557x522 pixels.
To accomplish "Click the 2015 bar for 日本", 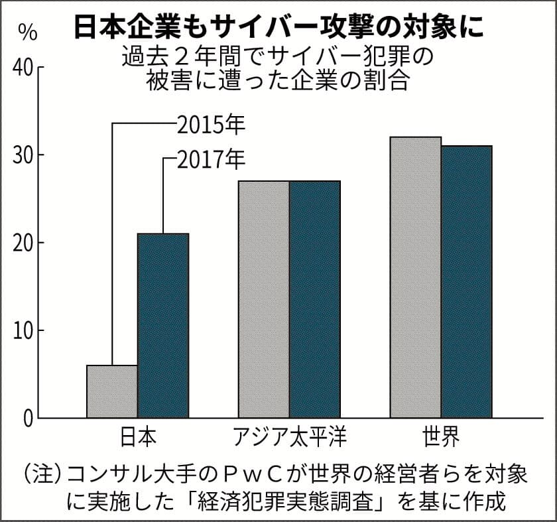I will [112, 391].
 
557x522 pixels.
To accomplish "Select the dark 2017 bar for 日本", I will [163, 325].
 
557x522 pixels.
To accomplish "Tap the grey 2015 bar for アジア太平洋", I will [264, 298].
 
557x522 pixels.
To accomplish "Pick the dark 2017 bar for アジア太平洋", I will [315, 298].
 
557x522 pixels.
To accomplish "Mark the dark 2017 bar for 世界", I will [467, 281].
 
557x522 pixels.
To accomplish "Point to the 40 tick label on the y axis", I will [23, 68].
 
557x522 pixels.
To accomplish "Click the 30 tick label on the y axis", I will [23, 156].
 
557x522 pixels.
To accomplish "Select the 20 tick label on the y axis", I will [23, 243].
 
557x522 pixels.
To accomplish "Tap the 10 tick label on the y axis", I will [23, 331].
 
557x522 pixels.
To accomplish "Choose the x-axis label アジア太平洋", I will [290, 438].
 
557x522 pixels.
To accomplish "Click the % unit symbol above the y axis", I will [27, 31].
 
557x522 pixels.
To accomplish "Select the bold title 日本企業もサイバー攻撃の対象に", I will [278, 27].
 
